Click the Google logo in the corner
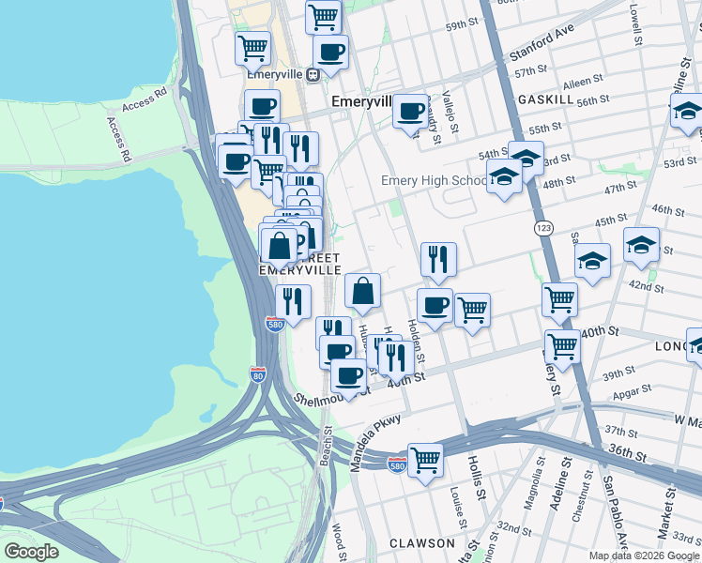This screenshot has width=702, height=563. click(31, 552)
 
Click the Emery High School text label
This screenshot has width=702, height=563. click(434, 181)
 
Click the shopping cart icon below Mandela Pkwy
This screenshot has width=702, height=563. click(425, 460)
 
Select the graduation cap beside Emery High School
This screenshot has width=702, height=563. click(504, 176)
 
